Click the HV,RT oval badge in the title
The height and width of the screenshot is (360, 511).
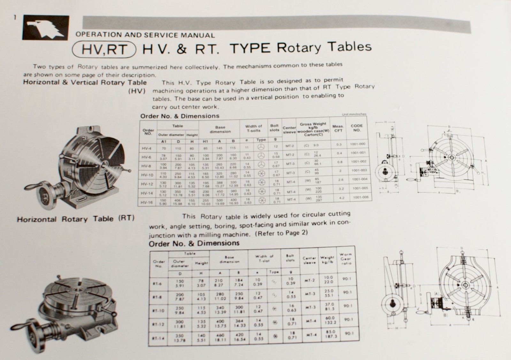point(104,50)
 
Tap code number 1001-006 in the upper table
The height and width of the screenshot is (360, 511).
point(360,197)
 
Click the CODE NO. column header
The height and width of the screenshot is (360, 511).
point(357,128)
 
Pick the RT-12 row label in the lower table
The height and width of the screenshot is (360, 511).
point(158,324)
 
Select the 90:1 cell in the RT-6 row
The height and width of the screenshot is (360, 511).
point(346,279)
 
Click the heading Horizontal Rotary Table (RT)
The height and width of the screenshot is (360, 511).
point(76,219)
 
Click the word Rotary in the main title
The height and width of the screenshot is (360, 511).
point(299,48)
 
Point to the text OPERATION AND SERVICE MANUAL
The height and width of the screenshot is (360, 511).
point(145,35)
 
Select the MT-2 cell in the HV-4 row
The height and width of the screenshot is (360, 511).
point(290,146)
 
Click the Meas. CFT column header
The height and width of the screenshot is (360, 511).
point(338,128)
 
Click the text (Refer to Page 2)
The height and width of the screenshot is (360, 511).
point(281,233)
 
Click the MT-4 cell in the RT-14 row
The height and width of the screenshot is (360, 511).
point(309,335)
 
